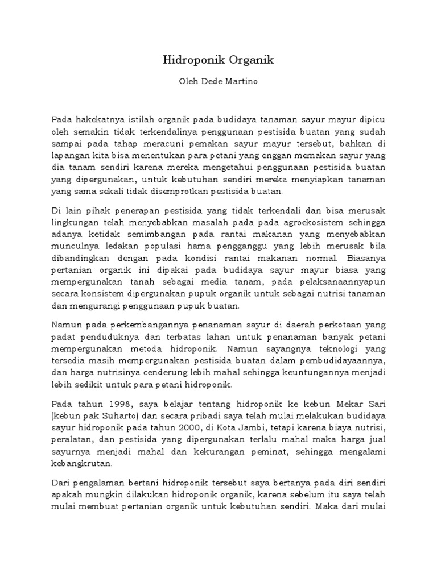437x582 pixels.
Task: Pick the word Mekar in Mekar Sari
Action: [343, 405]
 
